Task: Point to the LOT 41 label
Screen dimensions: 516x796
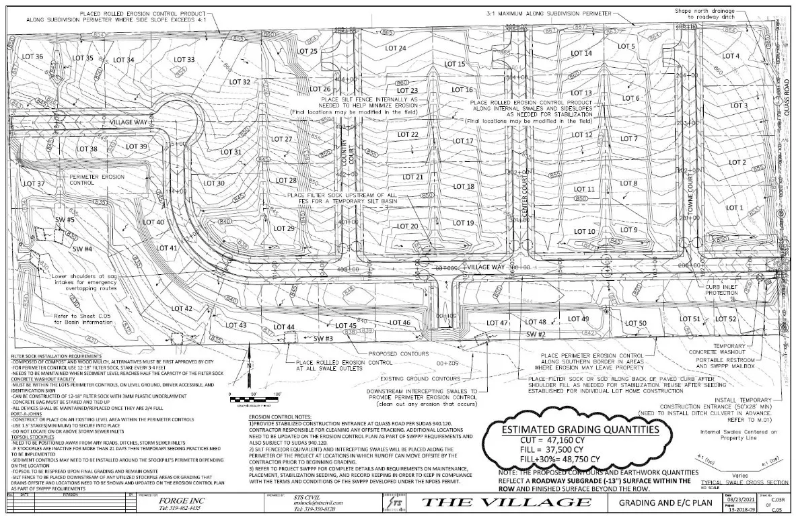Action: click(168, 249)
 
